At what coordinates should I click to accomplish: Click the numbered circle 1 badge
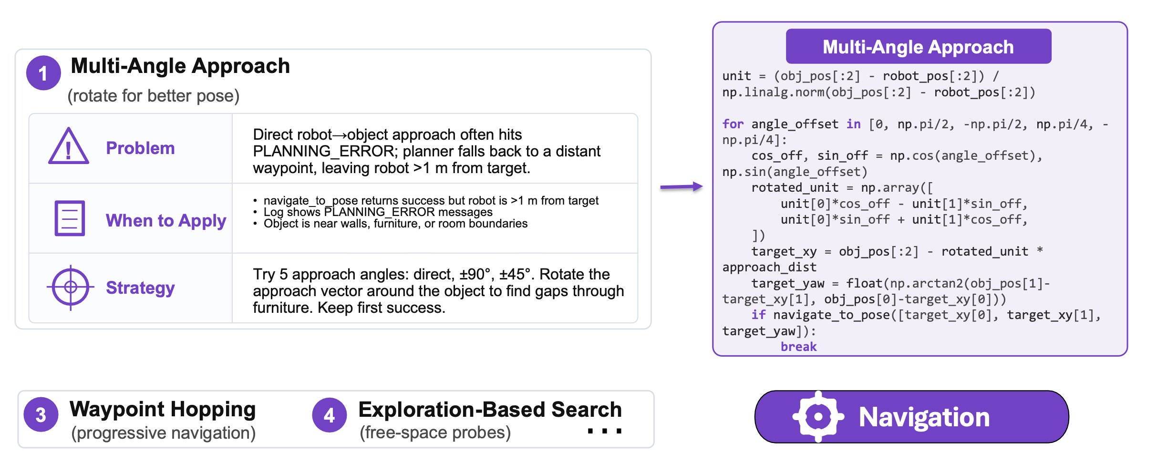(x=43, y=73)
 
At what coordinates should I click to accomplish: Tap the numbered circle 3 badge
(x=41, y=414)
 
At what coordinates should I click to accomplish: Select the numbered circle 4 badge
(x=329, y=415)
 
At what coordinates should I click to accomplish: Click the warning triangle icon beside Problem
(x=69, y=146)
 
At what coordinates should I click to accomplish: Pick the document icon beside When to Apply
(x=70, y=218)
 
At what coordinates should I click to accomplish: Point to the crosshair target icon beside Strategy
(x=71, y=287)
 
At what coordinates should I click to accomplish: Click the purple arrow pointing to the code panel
(x=682, y=186)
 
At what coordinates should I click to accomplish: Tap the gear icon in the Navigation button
(x=818, y=417)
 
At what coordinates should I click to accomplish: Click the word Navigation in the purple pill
(x=924, y=417)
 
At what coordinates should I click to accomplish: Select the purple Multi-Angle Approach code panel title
(x=919, y=46)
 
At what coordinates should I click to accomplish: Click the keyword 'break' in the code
(x=799, y=347)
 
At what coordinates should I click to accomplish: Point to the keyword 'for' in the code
(x=733, y=124)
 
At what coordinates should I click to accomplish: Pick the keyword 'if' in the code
(x=759, y=315)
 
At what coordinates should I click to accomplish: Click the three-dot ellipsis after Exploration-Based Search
(x=605, y=431)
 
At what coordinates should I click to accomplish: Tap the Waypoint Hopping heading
(x=163, y=409)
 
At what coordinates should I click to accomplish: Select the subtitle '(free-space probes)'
(x=435, y=433)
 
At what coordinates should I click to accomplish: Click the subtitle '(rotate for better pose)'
(x=153, y=96)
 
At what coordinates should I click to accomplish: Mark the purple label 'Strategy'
(x=140, y=288)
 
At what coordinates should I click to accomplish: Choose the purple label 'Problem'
(x=140, y=148)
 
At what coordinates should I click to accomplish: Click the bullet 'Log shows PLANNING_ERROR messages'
(x=378, y=212)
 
